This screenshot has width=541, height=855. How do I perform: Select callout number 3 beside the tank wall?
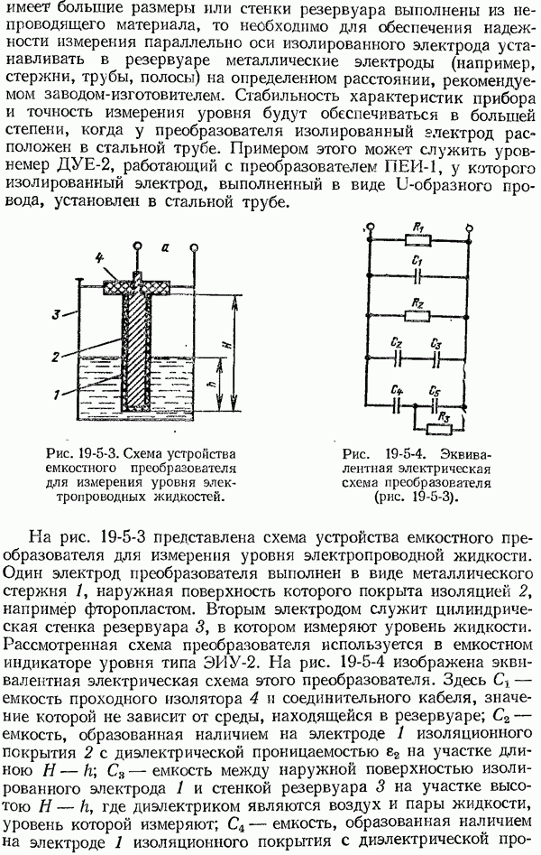tap(56, 314)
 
